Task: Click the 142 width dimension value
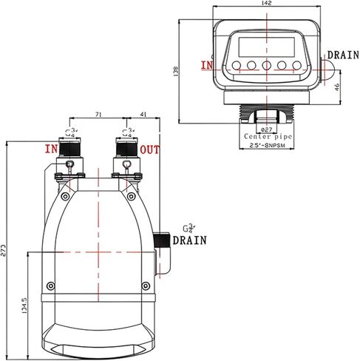point(266,4)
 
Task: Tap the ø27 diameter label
point(266,128)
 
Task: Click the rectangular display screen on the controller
point(266,47)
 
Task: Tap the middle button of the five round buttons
point(266,66)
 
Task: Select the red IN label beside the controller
point(208,65)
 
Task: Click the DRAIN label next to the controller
point(343,55)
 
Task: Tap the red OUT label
point(150,150)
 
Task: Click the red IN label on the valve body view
point(51,150)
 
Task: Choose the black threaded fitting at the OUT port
point(124,149)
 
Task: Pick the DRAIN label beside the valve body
point(190,240)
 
